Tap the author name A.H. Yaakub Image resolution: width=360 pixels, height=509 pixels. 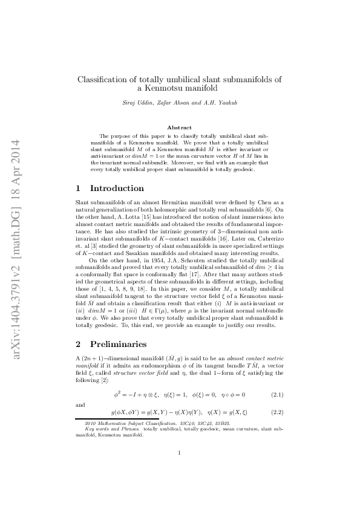219,103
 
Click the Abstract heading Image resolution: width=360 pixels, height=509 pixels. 179,128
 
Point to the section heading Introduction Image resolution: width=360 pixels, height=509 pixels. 115,188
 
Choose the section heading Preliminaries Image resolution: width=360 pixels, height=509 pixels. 117,344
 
